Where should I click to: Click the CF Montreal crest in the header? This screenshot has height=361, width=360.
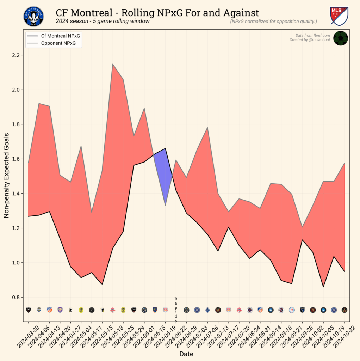(x=34, y=17)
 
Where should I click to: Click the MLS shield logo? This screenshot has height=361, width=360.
(x=339, y=16)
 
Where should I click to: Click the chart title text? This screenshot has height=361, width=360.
(x=157, y=13)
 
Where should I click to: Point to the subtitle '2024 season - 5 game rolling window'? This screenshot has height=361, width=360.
(x=103, y=22)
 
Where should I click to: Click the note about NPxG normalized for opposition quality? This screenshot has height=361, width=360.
(x=273, y=22)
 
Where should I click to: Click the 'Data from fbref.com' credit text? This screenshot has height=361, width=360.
(x=312, y=35)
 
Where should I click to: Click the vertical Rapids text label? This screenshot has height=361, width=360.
(x=176, y=310)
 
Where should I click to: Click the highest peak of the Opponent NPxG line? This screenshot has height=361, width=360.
(x=112, y=64)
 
